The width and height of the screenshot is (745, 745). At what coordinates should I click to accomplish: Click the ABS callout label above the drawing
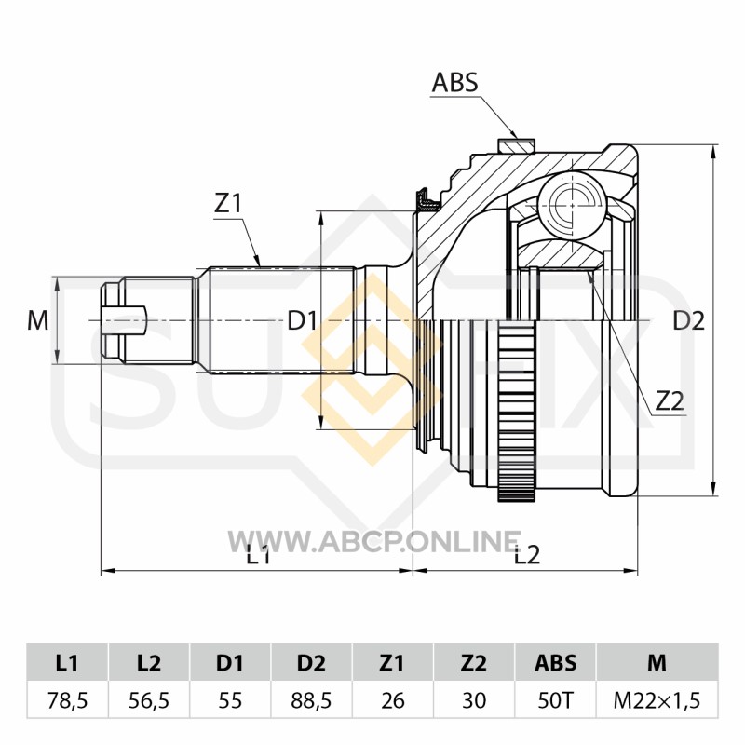pyautogui.click(x=454, y=83)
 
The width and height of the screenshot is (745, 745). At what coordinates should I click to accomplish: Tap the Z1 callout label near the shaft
pyautogui.click(x=228, y=204)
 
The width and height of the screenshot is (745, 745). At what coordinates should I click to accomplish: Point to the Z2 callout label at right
pyautogui.click(x=670, y=402)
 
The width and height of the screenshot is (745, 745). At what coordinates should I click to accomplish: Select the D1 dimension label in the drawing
pyautogui.click(x=302, y=321)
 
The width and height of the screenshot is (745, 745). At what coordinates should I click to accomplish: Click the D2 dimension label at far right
pyautogui.click(x=688, y=321)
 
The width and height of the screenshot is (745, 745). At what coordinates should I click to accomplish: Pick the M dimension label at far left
pyautogui.click(x=38, y=320)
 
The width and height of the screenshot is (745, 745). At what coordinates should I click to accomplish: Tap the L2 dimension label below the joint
pyautogui.click(x=527, y=554)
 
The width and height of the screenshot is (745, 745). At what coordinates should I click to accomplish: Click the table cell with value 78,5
pyautogui.click(x=67, y=700)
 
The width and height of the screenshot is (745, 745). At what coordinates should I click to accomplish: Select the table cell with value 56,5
pyautogui.click(x=149, y=700)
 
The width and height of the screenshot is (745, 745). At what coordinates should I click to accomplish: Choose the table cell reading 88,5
pyautogui.click(x=311, y=700)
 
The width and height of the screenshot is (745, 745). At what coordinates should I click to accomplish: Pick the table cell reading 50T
pyautogui.click(x=555, y=700)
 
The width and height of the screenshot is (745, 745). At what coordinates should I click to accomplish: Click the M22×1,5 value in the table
pyautogui.click(x=657, y=700)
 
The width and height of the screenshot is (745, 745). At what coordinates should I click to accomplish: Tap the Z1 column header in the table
pyautogui.click(x=392, y=662)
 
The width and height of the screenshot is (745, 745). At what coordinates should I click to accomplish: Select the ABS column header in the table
pyautogui.click(x=555, y=662)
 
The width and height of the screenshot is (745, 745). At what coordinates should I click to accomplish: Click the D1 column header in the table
pyautogui.click(x=230, y=662)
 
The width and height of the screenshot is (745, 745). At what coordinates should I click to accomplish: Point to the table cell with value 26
pyautogui.click(x=392, y=700)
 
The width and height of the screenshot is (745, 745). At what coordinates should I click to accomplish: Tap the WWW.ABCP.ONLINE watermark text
pyautogui.click(x=374, y=541)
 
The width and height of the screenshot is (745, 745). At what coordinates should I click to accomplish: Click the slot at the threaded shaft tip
pyautogui.click(x=125, y=321)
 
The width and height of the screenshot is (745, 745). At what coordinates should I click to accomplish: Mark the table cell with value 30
pyautogui.click(x=474, y=700)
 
